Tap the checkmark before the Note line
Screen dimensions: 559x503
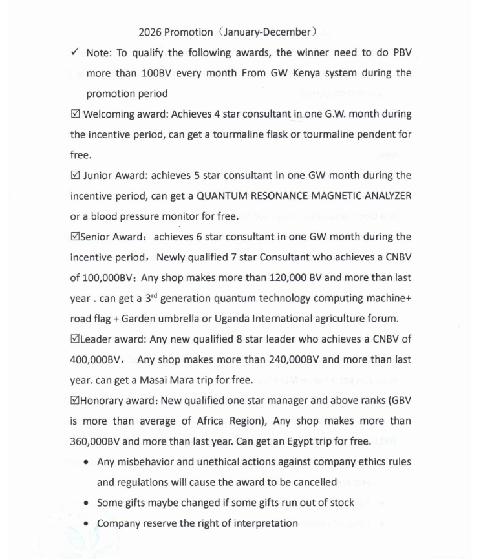click(75, 52)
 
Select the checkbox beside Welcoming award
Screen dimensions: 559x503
click(75, 114)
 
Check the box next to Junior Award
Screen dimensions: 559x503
click(75, 176)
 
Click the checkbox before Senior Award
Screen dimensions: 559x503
click(75, 237)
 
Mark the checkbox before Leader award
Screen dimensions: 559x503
click(75, 339)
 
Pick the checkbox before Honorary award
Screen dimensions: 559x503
click(75, 400)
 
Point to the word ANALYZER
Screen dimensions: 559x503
click(384, 196)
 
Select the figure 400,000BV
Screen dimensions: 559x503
click(96, 359)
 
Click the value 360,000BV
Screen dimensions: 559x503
click(95, 442)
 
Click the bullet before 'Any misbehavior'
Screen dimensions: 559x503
click(87, 462)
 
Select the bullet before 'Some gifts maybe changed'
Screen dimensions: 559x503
click(87, 503)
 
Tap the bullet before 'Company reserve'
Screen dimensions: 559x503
click(87, 523)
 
